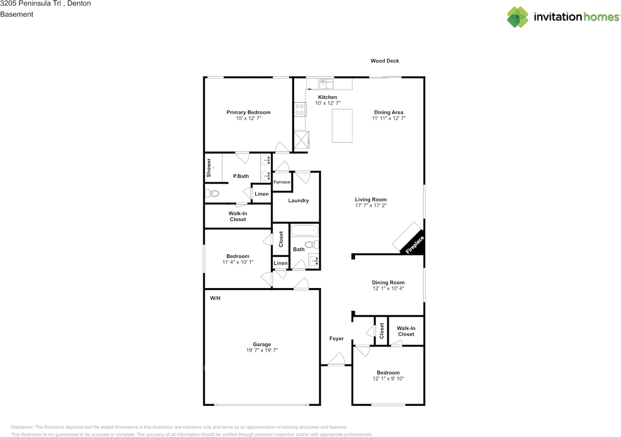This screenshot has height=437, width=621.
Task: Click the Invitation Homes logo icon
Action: pyautogui.click(x=518, y=17)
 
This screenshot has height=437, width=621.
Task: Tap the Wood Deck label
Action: pyautogui.click(x=385, y=61)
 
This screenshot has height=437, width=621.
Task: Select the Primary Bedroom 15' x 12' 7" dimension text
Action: pyautogui.click(x=248, y=118)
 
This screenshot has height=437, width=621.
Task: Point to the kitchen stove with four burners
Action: pyautogui.click(x=299, y=110)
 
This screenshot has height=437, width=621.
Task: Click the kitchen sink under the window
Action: pyautogui.click(x=326, y=84)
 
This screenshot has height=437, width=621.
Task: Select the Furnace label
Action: pyautogui.click(x=281, y=182)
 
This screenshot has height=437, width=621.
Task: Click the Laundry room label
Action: pyautogui.click(x=298, y=201)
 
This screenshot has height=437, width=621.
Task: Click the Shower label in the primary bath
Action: pyautogui.click(x=209, y=167)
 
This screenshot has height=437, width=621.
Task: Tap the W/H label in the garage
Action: pyautogui.click(x=215, y=298)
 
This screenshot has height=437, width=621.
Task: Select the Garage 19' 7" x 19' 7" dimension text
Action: pyautogui.click(x=261, y=350)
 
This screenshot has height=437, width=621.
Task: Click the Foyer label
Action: pyautogui.click(x=336, y=339)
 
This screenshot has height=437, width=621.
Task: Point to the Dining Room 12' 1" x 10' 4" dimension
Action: pyautogui.click(x=388, y=289)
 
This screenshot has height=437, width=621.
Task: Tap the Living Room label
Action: pyautogui.click(x=371, y=199)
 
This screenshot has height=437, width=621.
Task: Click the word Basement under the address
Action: pyautogui.click(x=16, y=15)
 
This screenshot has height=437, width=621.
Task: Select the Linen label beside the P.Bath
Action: pyautogui.click(x=261, y=194)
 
